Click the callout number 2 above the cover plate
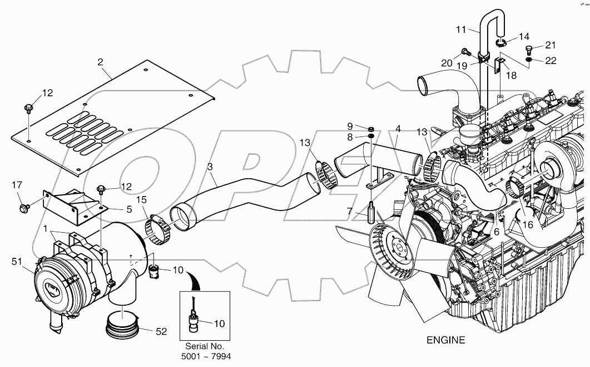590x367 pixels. coord(100,62)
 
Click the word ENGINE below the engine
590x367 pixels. coord(445,340)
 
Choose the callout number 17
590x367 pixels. coord(17,185)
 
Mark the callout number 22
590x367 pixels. coord(550,61)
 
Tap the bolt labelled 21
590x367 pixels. coord(529,49)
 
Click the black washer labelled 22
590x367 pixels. coord(529,60)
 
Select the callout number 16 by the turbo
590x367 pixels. coord(527,226)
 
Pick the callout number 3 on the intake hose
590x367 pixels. coord(210,166)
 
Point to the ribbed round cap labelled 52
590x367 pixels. coord(122,325)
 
